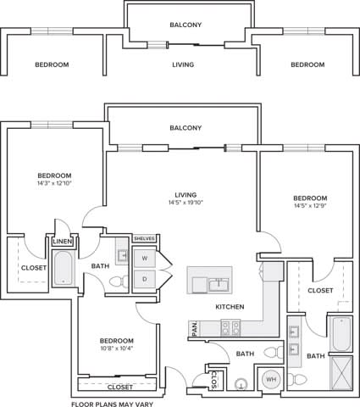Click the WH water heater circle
271,379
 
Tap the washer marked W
144,258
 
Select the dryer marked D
144,278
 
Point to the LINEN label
63,243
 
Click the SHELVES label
144,239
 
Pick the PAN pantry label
194,326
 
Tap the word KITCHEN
230,306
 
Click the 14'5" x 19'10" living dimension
187,203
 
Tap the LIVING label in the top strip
182,64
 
